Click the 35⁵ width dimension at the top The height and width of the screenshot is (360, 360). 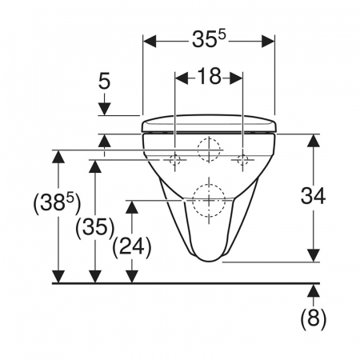(x=209, y=39)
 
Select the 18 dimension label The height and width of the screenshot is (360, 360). (x=209, y=76)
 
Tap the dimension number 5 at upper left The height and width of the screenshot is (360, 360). (x=104, y=81)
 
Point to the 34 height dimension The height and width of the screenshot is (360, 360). (x=313, y=196)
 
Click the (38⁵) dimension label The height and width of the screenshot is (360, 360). (x=57, y=202)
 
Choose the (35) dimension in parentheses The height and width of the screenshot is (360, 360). (x=95, y=228)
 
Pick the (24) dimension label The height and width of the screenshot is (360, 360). (x=132, y=247)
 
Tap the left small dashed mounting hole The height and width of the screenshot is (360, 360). (x=175, y=160)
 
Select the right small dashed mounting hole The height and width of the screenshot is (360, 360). (x=242, y=160)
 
